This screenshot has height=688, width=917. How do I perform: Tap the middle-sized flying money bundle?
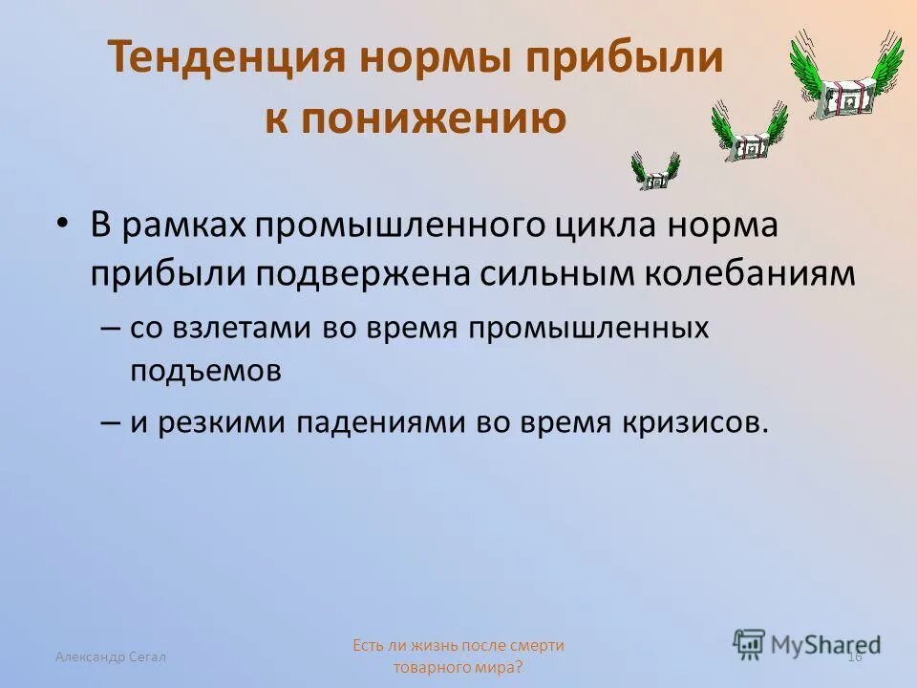point(749,134)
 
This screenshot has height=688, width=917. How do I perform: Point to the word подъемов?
point(205,371)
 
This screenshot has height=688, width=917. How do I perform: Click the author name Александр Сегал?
point(111,656)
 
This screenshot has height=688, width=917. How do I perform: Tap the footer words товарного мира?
point(458,667)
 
